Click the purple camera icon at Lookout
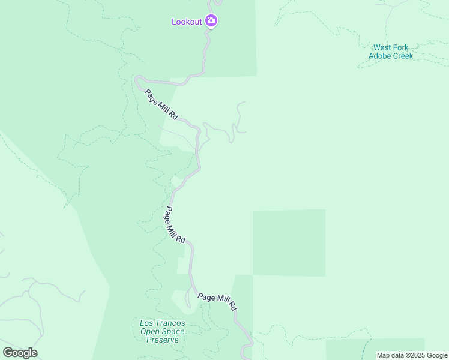tap(211, 22)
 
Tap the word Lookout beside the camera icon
tap(186, 22)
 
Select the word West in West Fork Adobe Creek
tap(383, 47)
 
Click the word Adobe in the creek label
tap(380, 56)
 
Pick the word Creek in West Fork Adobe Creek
tap(403, 56)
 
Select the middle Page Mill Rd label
tap(175, 225)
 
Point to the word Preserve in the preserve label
tap(163, 340)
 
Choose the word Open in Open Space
tap(150, 331)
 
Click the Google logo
tap(20, 353)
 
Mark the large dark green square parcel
tap(289, 242)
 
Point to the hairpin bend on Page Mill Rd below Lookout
tap(139, 79)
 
